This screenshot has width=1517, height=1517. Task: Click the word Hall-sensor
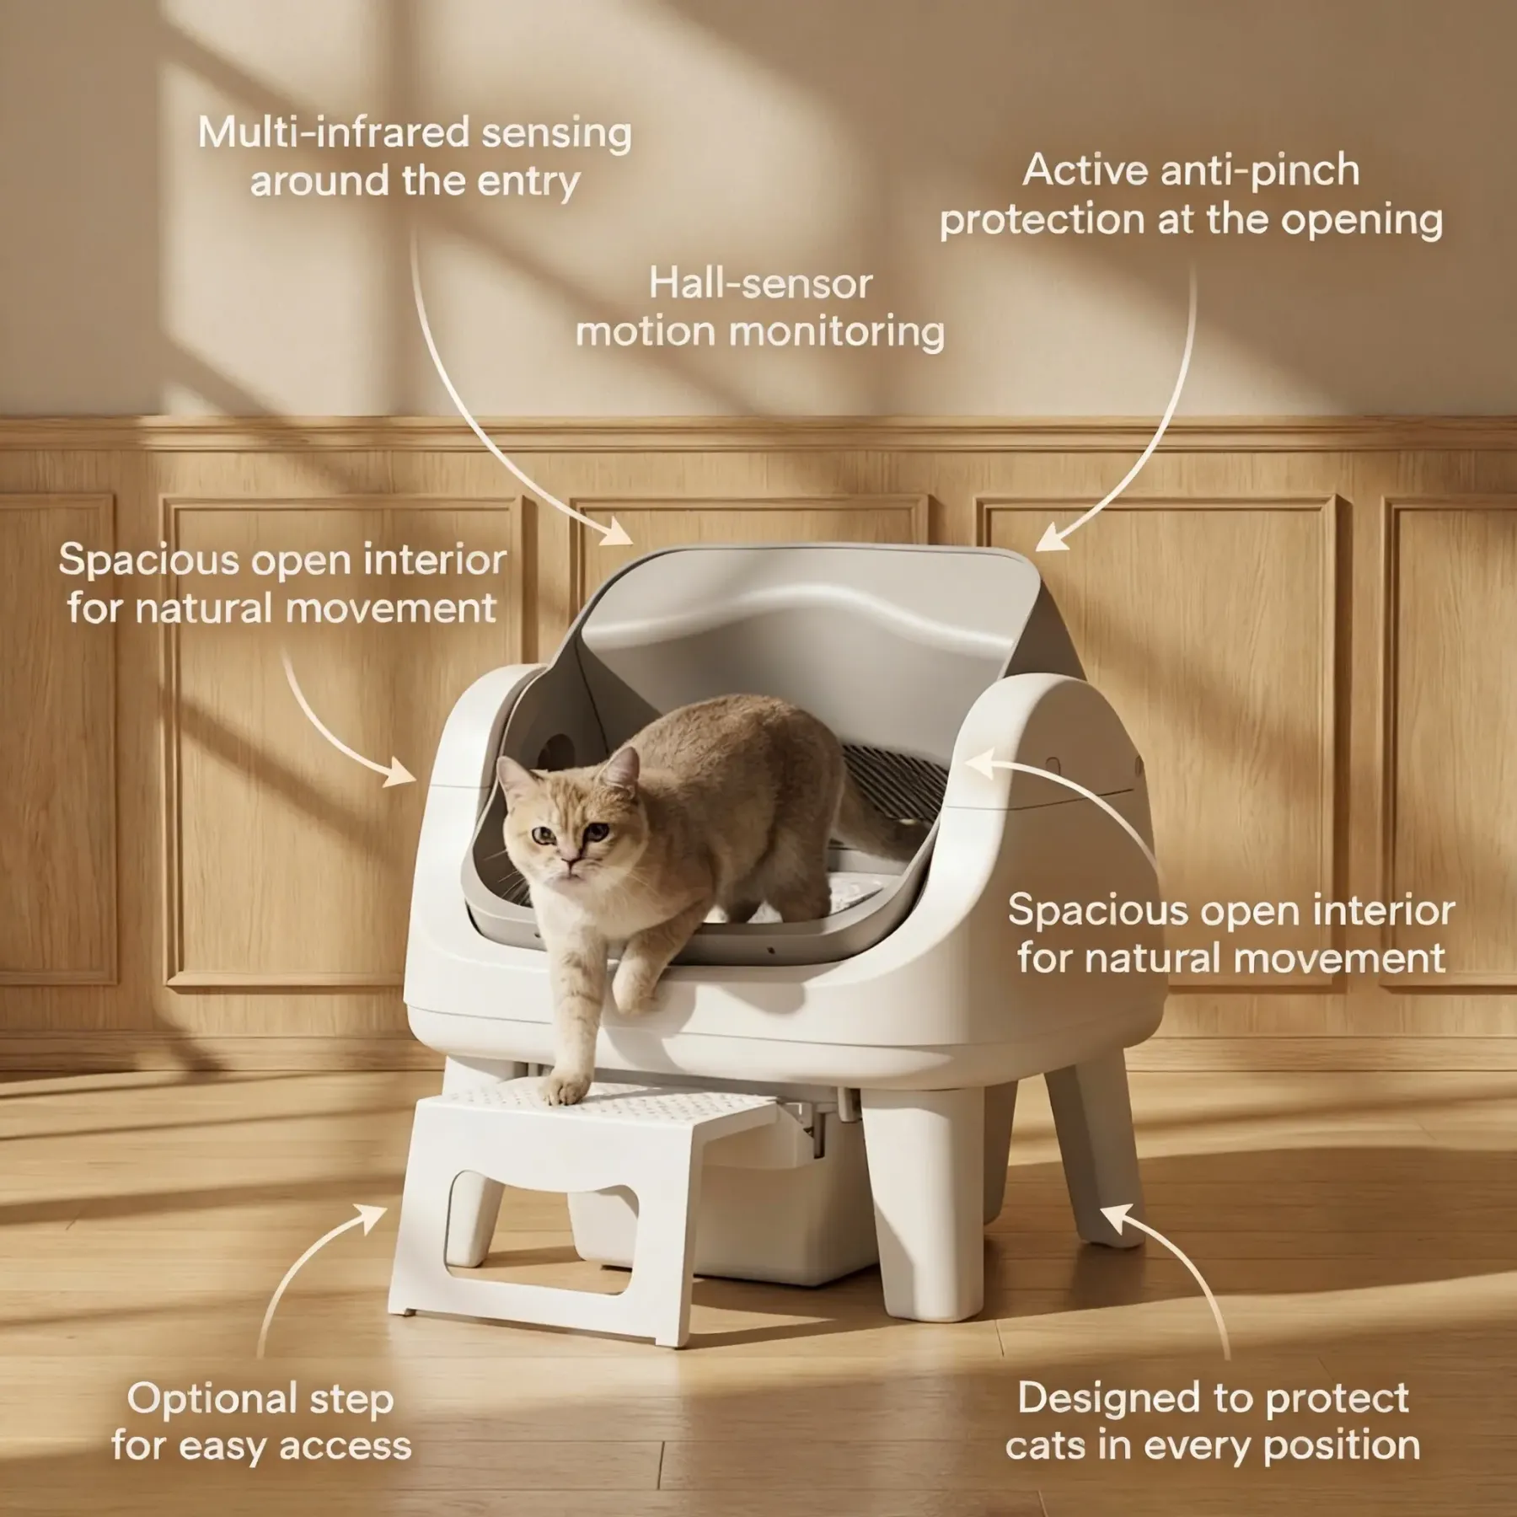[x=759, y=284]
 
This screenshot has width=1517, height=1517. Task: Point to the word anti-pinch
[x=1260, y=172]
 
